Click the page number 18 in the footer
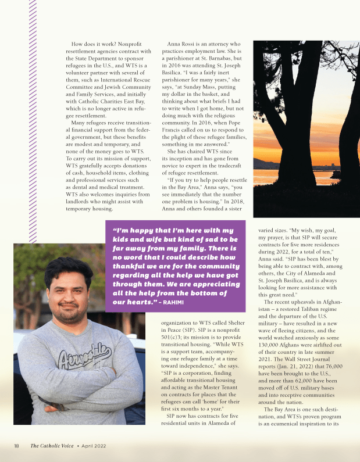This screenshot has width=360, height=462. click(x=17, y=446)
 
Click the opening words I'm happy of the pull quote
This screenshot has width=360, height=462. click(x=131, y=231)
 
